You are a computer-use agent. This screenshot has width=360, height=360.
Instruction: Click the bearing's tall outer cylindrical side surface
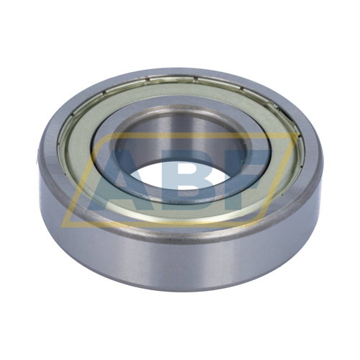180,264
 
